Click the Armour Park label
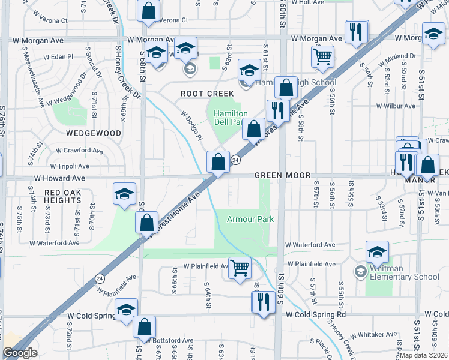click(x=250, y=219)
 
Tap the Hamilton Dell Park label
click(x=231, y=118)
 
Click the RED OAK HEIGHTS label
click(x=63, y=196)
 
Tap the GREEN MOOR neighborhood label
click(x=282, y=175)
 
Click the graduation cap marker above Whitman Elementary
click(x=377, y=252)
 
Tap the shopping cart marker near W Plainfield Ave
click(x=240, y=268)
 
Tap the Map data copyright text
click(x=423, y=355)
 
